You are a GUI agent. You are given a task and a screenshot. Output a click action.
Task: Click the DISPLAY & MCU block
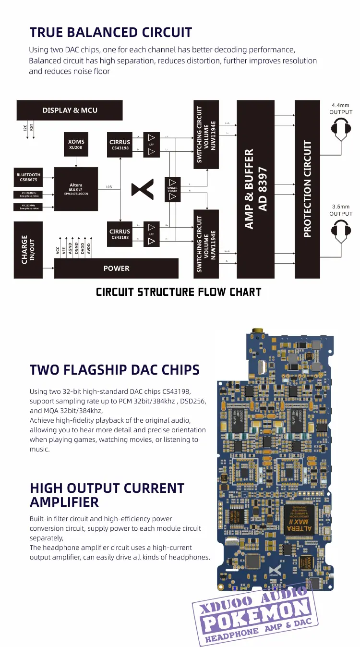tap(70, 110)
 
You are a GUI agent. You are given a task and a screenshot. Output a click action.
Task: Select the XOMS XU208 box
tap(76, 144)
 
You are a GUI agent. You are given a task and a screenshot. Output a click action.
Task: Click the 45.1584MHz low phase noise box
tap(29, 194)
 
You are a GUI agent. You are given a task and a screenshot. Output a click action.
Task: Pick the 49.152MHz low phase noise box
tap(29, 207)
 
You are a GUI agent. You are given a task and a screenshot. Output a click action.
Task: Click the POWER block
tap(116, 268)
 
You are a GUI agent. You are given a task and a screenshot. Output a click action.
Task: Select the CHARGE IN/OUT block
tap(28, 250)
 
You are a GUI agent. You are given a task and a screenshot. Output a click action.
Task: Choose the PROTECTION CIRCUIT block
tap(307, 189)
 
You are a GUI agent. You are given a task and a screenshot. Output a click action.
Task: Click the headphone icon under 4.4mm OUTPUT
tap(341, 130)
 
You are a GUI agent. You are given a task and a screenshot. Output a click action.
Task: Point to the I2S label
tap(109, 186)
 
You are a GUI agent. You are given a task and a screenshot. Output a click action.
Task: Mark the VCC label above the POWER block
tap(58, 250)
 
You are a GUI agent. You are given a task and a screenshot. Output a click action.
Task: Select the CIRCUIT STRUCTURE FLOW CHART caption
tap(179, 292)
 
